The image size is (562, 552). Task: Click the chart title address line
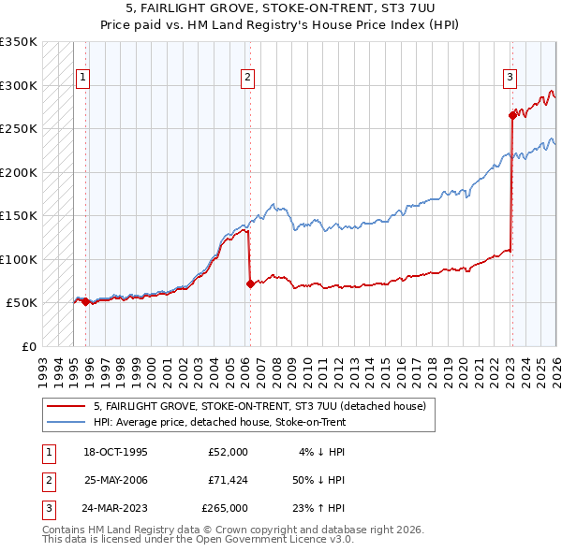coord(281,7)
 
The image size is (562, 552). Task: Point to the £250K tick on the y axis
coord(19,128)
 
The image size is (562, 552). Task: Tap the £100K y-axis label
coord(19,259)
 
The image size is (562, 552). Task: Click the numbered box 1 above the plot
coord(83,79)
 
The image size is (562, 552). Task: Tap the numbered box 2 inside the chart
coord(248,79)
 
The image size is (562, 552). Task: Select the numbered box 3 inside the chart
coord(510,79)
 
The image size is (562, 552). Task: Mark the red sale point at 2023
coord(512,115)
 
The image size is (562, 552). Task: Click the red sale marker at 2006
coord(250,283)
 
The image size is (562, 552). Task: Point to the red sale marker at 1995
coord(85,301)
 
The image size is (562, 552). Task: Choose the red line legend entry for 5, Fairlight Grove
coord(260,406)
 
